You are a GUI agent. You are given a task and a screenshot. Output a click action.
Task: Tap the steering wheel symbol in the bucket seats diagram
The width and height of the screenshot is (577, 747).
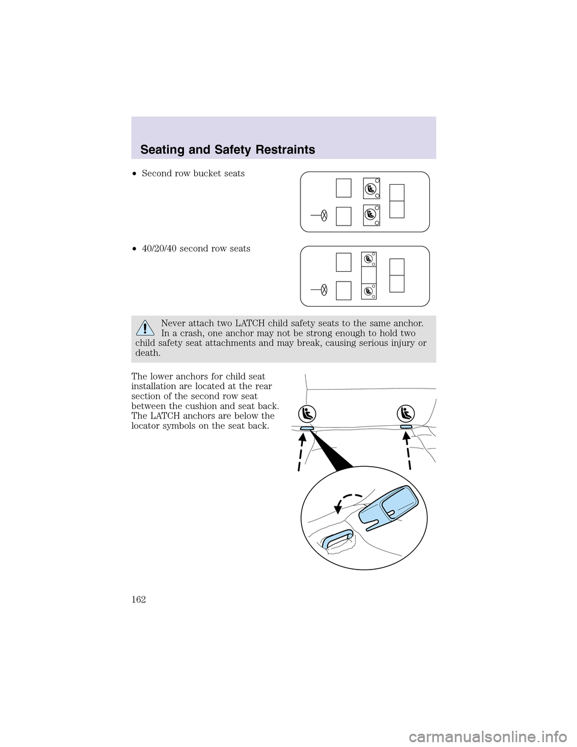point(324,215)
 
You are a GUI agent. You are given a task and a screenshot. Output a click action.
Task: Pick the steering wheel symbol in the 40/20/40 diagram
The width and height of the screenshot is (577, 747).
point(324,289)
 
